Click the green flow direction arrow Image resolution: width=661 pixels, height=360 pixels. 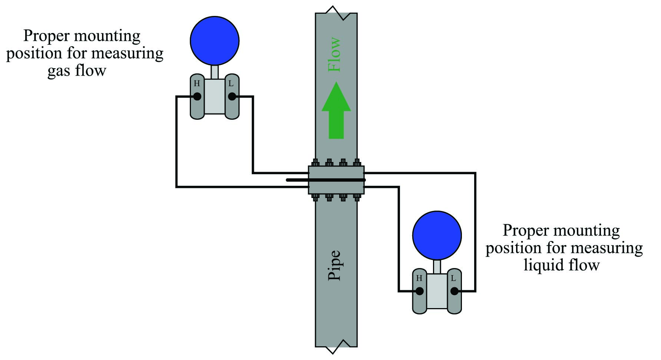click(x=336, y=110)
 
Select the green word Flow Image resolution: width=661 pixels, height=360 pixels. click(x=335, y=54)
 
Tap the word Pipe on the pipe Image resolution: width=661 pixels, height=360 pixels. click(x=335, y=265)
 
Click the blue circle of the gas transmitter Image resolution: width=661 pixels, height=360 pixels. click(x=215, y=40)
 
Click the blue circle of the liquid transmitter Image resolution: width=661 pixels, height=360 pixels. click(x=437, y=235)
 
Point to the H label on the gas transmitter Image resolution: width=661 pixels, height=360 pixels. click(x=197, y=83)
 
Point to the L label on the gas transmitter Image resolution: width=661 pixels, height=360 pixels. click(x=231, y=83)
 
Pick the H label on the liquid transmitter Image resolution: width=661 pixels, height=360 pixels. click(x=419, y=278)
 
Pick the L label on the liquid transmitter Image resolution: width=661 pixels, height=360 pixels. click(x=453, y=278)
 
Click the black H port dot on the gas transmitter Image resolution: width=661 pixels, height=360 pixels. click(x=197, y=96)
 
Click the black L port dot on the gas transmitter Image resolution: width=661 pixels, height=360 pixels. click(x=232, y=96)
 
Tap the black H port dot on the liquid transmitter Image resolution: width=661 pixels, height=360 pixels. click(x=420, y=291)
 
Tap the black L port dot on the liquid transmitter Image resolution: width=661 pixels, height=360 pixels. click(x=454, y=291)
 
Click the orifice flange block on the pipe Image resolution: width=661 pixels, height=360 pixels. click(x=336, y=180)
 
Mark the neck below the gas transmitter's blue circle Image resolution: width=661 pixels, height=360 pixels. click(x=215, y=72)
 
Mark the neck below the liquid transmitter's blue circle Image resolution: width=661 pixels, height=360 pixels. click(x=437, y=267)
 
